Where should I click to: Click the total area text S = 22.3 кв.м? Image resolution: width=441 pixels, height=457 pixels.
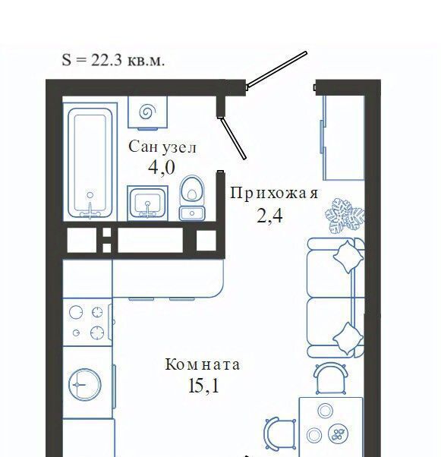(x=113, y=60)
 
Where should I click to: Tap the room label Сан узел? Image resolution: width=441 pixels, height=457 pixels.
(x=162, y=147)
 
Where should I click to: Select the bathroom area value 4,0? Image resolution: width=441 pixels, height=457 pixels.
(x=162, y=168)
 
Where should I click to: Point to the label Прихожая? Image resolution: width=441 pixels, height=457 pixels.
(x=274, y=193)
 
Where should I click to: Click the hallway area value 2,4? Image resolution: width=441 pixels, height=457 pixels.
(x=269, y=216)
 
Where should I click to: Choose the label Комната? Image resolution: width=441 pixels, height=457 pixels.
(x=203, y=364)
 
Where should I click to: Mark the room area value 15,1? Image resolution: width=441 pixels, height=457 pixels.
(x=203, y=386)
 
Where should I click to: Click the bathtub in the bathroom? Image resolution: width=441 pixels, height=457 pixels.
(x=90, y=163)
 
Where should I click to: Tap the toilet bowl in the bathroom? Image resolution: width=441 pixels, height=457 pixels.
(x=192, y=197)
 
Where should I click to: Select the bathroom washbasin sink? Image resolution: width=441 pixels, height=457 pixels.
(x=147, y=203)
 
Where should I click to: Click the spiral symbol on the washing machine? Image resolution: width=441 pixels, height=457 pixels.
(x=148, y=112)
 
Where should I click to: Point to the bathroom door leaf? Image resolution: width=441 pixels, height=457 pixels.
(x=233, y=138)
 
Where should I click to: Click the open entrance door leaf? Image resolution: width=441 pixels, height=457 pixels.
(x=276, y=69)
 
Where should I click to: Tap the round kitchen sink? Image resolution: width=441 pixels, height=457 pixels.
(x=85, y=384)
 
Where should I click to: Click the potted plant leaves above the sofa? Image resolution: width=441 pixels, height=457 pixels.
(x=345, y=216)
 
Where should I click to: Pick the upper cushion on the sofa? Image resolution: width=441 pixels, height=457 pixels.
(x=348, y=256)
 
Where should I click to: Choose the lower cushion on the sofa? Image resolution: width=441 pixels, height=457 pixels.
(x=348, y=339)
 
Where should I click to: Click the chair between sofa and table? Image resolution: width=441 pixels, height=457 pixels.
(x=331, y=378)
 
